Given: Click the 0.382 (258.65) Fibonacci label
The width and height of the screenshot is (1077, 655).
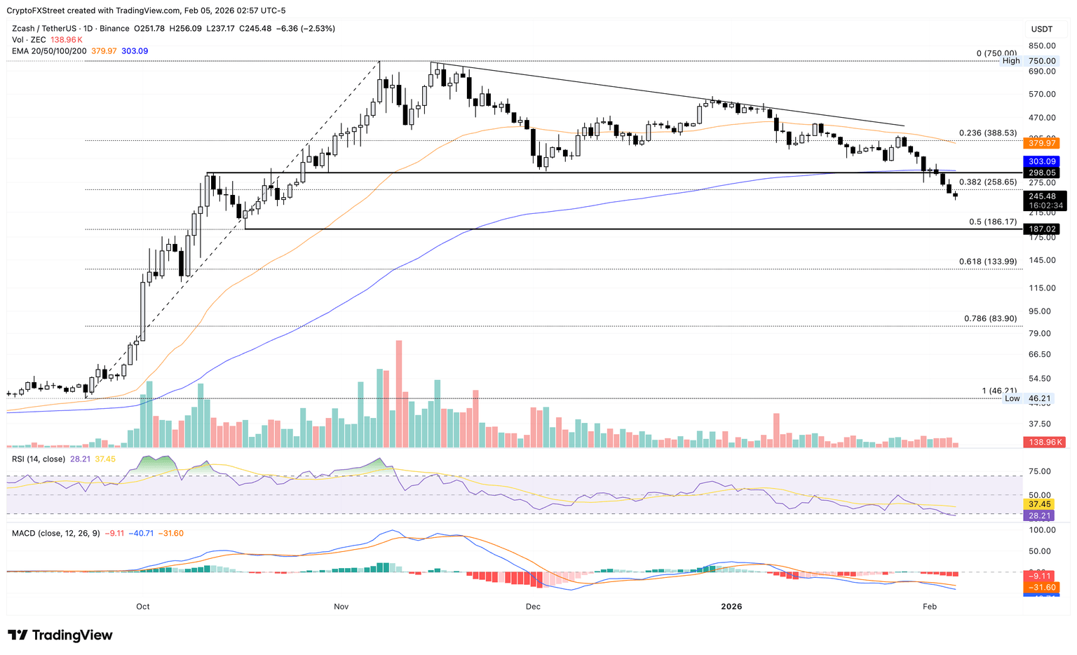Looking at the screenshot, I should click(987, 182).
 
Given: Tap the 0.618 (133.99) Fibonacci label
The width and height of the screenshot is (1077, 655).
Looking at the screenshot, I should click(987, 262).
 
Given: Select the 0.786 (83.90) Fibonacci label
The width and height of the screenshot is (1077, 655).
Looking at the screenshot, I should click(990, 319).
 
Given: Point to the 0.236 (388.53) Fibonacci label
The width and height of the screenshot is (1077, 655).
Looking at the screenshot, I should click(987, 133).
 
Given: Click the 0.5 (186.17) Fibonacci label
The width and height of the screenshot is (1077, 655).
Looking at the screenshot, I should click(992, 222).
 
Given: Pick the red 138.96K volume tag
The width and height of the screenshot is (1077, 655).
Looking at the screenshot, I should click(1044, 443).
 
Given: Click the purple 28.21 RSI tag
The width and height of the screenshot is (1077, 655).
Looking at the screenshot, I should click(1038, 515).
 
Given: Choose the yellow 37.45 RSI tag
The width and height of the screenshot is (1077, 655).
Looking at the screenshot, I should click(1038, 504).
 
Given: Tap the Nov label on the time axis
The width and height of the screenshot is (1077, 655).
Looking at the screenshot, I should click(341, 607).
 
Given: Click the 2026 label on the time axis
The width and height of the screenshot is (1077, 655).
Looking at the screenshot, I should click(731, 607).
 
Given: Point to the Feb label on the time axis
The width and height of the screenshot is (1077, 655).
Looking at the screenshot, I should click(929, 607).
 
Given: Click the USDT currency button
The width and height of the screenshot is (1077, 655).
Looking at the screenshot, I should click(1042, 29).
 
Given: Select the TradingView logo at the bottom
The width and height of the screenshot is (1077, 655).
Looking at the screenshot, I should click(60, 635).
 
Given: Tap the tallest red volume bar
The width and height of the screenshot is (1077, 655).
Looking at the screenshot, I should click(399, 393).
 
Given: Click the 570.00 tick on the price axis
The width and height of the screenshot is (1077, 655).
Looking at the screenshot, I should click(1042, 95).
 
